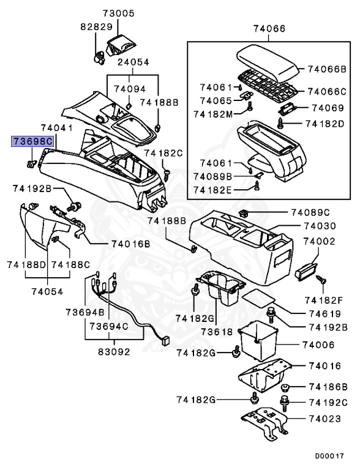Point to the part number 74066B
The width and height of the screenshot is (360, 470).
click(327, 69)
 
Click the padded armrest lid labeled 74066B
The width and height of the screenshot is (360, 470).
click(268, 59)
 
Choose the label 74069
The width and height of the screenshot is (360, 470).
click(329, 107)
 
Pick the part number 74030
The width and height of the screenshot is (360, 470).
click(319, 226)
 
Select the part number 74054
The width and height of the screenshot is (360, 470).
click(48, 292)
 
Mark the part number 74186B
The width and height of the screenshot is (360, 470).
click(328, 387)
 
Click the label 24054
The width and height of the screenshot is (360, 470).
click(133, 62)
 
